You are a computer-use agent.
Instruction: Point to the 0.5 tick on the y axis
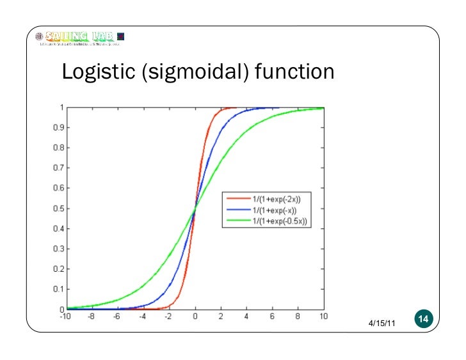click(57, 208)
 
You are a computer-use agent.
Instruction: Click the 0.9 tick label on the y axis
click(57, 127)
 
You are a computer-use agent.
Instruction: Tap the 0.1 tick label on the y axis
click(57, 289)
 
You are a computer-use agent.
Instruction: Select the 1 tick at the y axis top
click(60, 107)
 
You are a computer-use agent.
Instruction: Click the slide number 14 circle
click(424, 318)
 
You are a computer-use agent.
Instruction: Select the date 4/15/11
click(382, 325)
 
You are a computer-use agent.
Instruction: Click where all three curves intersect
click(195, 208)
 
